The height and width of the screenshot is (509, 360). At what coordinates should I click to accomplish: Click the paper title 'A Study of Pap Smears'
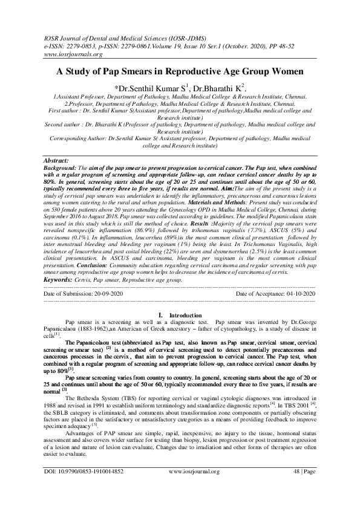[180, 71]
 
